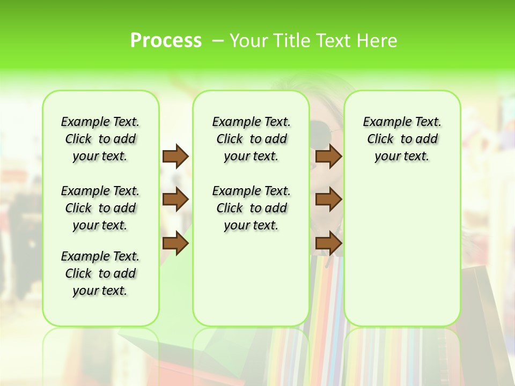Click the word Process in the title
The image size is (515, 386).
point(166,40)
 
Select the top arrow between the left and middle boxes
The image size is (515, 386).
point(175,156)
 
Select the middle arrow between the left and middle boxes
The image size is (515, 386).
point(175,199)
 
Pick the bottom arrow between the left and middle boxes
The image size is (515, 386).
point(175,243)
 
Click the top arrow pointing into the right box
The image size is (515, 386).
point(329,156)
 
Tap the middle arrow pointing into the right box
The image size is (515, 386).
point(329,199)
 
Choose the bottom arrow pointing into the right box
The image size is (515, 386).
point(329,243)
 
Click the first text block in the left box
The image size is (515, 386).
point(100,139)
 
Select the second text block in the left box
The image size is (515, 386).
point(100,208)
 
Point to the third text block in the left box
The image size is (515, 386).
point(100,273)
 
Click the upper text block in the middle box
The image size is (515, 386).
point(251,139)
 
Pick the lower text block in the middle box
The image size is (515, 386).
point(251,208)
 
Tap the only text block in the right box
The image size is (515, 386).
point(402,139)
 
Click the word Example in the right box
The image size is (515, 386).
point(383,122)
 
